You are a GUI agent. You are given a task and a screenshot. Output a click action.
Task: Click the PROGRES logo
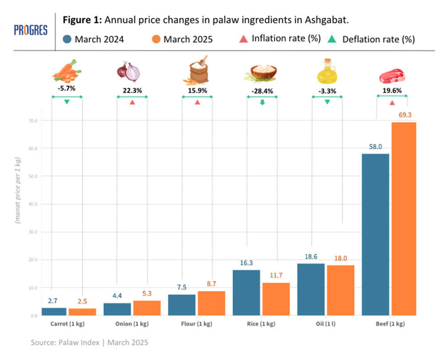click(x=30, y=31)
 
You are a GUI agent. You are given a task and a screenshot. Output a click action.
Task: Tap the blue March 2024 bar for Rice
click(x=246, y=293)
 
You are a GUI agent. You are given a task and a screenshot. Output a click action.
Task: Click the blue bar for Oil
click(x=311, y=289)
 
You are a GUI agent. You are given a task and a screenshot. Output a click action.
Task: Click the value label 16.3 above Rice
click(x=246, y=263)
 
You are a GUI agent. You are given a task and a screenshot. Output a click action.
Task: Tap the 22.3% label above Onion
click(x=132, y=91)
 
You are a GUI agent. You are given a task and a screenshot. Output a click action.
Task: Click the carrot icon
click(x=67, y=71)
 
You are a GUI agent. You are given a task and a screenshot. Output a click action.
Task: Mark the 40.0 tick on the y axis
click(x=33, y=204)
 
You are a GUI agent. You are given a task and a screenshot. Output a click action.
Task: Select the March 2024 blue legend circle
click(x=67, y=39)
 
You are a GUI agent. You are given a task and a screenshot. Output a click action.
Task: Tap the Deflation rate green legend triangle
click(x=334, y=39)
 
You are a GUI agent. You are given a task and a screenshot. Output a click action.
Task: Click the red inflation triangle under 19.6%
click(x=392, y=103)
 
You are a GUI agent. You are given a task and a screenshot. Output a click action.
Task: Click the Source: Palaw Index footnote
click(x=89, y=343)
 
